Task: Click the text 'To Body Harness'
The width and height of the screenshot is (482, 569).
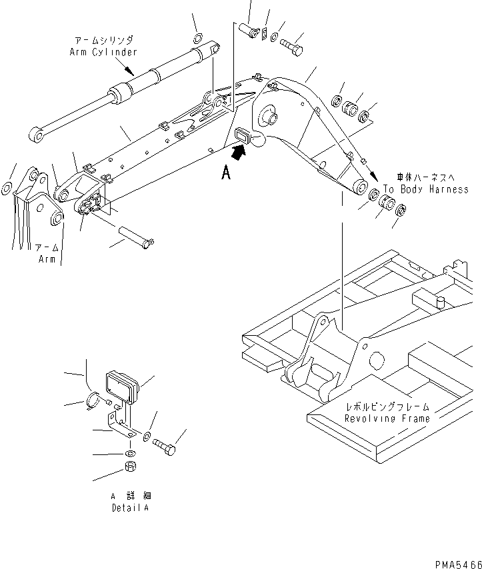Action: pyautogui.click(x=426, y=190)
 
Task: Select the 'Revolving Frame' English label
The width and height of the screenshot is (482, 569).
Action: pyautogui.click(x=387, y=418)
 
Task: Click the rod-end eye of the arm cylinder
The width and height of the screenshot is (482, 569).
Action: pyautogui.click(x=38, y=137)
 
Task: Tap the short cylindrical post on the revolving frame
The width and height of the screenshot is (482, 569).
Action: pyautogui.click(x=439, y=302)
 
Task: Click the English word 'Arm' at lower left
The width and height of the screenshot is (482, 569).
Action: pyautogui.click(x=47, y=259)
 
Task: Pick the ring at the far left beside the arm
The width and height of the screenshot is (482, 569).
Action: pyautogui.click(x=7, y=189)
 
